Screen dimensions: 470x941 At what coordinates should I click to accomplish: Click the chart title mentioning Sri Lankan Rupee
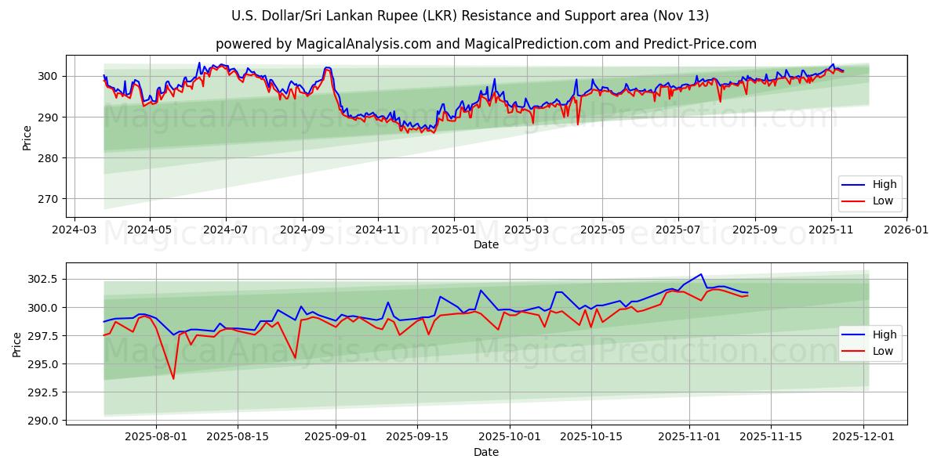pyautogui.click(x=470, y=16)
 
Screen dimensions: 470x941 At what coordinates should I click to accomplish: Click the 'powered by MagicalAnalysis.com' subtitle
pyautogui.click(x=486, y=44)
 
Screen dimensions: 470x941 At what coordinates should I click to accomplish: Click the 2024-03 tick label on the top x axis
pyautogui.click(x=74, y=230)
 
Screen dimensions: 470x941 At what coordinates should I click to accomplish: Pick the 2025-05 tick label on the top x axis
pyautogui.click(x=602, y=230)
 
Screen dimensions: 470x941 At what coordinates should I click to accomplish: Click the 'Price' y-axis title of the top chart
pyautogui.click(x=27, y=137)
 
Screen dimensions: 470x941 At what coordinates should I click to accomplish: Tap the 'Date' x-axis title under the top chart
pyautogui.click(x=486, y=244)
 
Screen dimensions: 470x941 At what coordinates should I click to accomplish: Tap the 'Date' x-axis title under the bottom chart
pyautogui.click(x=486, y=452)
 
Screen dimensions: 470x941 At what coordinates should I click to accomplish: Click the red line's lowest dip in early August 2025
pyautogui.click(x=173, y=379)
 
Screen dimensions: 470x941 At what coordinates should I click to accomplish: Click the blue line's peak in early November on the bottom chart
pyautogui.click(x=700, y=274)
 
